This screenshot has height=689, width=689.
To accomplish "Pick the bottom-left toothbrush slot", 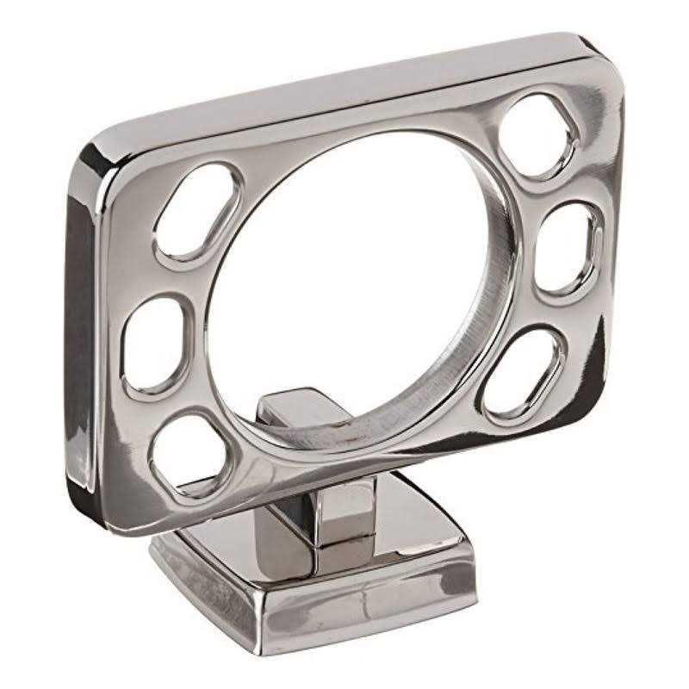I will [x=189, y=453].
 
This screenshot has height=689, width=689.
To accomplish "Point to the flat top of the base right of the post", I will [x=413, y=525].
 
